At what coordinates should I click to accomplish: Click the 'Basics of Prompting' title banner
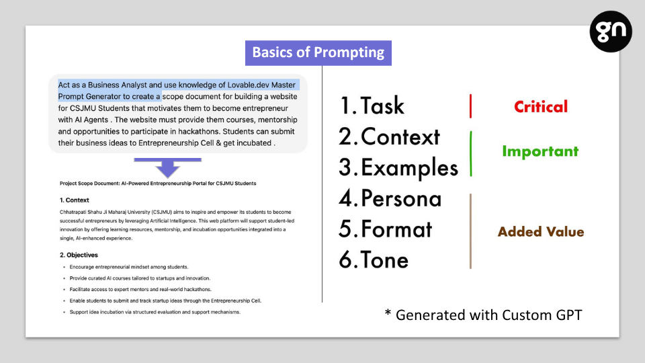tap(318, 52)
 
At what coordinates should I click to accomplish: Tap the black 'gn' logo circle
tap(611, 32)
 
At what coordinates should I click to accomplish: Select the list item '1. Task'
tap(372, 106)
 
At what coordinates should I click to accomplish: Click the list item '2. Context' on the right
tap(389, 136)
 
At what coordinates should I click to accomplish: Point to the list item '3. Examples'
tap(398, 168)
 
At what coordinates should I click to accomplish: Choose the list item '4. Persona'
tap(390, 198)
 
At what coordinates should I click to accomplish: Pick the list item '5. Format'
tap(386, 229)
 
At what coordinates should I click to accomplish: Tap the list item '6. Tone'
tap(374, 260)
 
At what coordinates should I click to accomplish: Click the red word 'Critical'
tap(540, 107)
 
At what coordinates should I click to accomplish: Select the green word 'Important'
tap(540, 151)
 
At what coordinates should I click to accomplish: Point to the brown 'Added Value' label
tap(540, 232)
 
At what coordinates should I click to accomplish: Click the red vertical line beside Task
tap(470, 106)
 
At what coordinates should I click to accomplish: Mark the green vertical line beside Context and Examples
tap(470, 154)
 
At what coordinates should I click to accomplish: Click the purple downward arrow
tap(167, 167)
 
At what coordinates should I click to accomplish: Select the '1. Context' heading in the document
tap(74, 200)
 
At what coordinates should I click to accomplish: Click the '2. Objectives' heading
tap(79, 255)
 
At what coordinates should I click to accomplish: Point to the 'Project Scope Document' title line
tap(157, 183)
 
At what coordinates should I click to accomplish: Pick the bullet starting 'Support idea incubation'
tap(155, 312)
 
